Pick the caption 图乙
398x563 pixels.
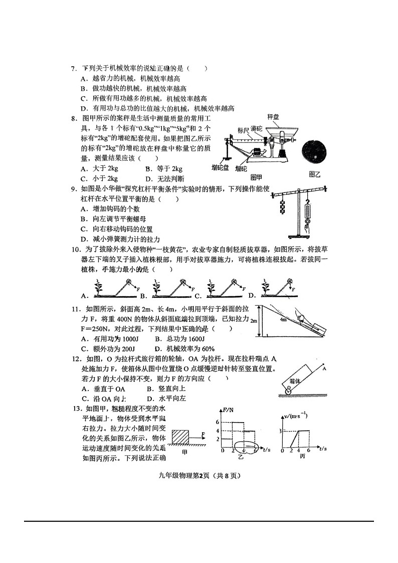314,174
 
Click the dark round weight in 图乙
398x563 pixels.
314,153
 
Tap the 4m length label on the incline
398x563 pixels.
284,319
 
